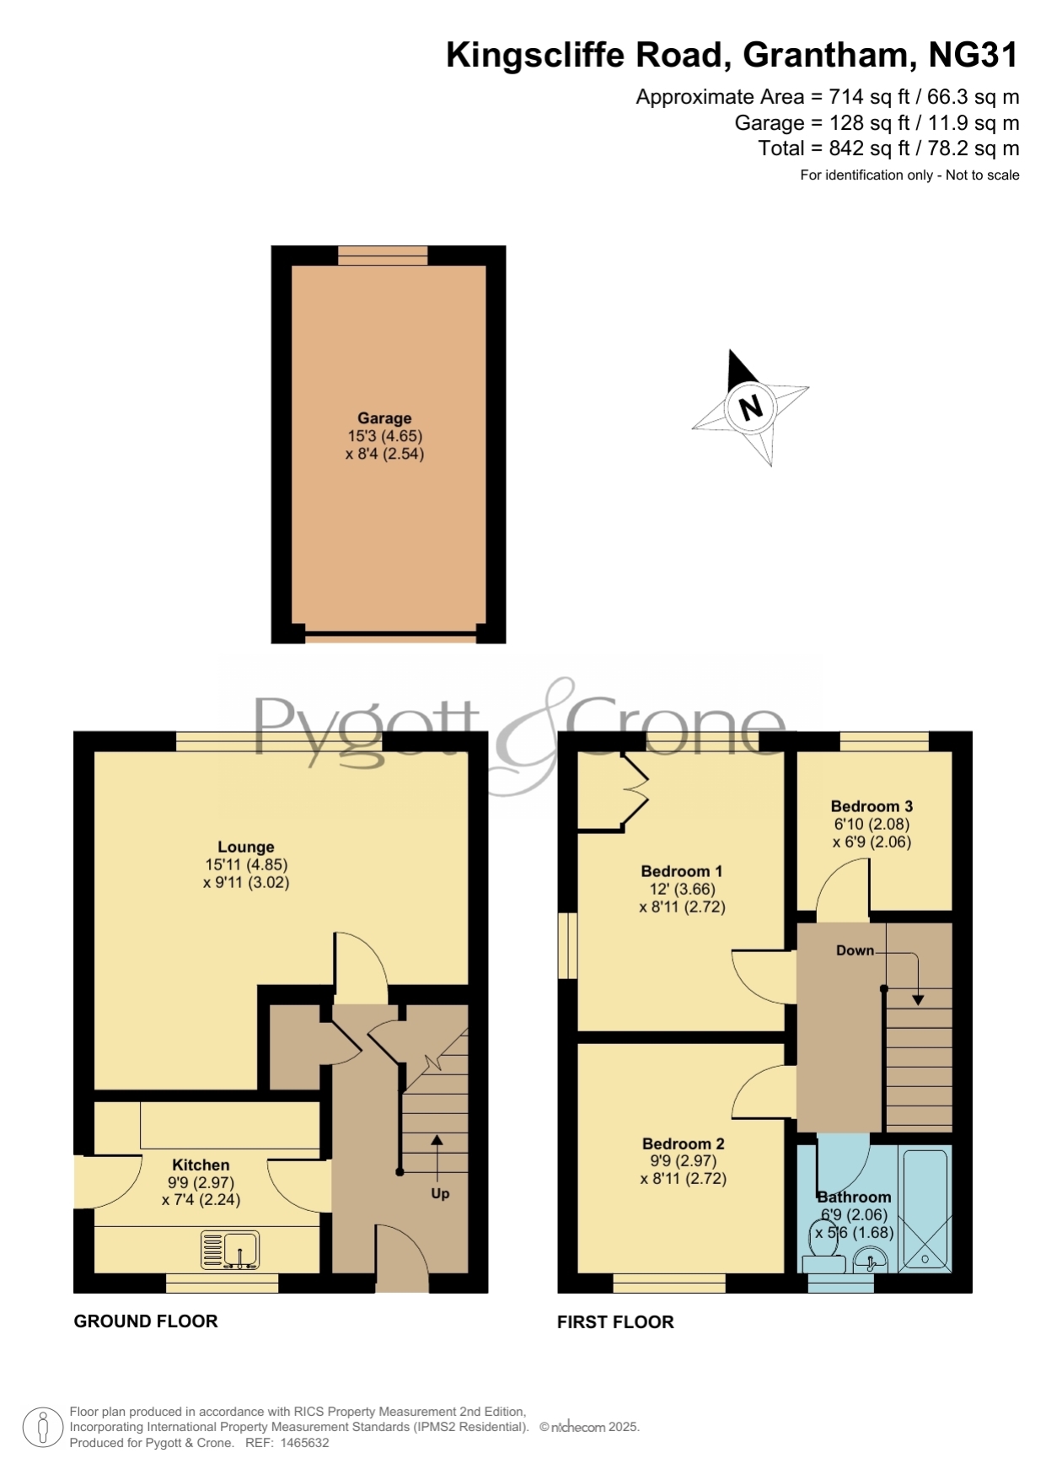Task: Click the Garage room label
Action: pyautogui.click(x=384, y=418)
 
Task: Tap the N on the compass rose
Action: pyautogui.click(x=750, y=407)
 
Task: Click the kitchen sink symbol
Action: pyautogui.click(x=230, y=1250)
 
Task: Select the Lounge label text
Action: pyautogui.click(x=246, y=847)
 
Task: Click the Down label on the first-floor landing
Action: pyautogui.click(x=855, y=950)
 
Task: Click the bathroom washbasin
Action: pyautogui.click(x=871, y=1262)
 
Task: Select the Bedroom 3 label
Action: pyautogui.click(x=872, y=806)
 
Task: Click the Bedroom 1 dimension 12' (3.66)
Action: pyautogui.click(x=682, y=889)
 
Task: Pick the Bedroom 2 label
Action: pyautogui.click(x=684, y=1144)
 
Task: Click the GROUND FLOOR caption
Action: pyautogui.click(x=146, y=1321)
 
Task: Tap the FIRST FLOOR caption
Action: pyautogui.click(x=615, y=1322)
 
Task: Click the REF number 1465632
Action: pyautogui.click(x=304, y=1443)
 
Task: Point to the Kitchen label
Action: pyautogui.click(x=201, y=1165)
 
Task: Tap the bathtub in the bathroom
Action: pyautogui.click(x=925, y=1209)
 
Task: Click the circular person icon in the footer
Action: pyautogui.click(x=42, y=1428)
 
